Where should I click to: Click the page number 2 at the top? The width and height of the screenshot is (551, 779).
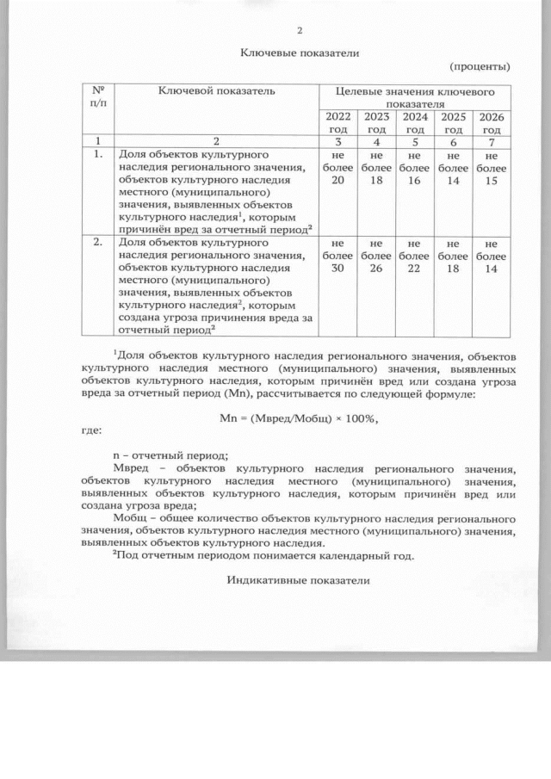click(x=299, y=32)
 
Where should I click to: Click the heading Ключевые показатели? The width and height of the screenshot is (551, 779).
click(x=299, y=53)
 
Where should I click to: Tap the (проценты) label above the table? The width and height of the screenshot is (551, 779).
click(x=480, y=66)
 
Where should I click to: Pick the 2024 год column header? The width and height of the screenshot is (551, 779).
click(x=415, y=122)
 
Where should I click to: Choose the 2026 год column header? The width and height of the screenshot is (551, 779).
click(x=491, y=122)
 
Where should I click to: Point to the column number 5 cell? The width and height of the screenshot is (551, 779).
click(x=415, y=140)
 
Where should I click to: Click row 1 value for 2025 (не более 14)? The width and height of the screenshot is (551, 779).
click(x=453, y=168)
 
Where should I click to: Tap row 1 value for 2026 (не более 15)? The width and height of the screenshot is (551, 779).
click(x=491, y=168)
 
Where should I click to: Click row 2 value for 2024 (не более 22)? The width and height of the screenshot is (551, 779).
click(x=415, y=257)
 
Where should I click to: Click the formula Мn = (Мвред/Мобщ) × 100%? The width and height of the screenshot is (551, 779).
click(x=300, y=417)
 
